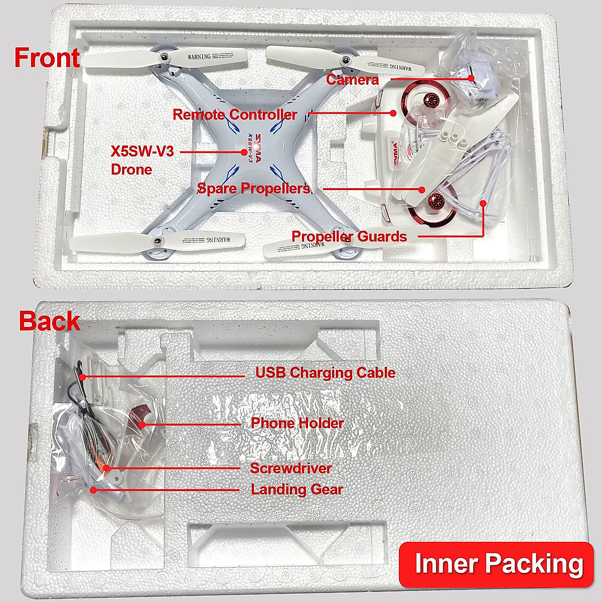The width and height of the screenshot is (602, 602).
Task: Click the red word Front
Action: tap(47, 58)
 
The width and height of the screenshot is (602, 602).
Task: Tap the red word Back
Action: tap(49, 321)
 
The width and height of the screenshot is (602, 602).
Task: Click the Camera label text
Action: tap(352, 79)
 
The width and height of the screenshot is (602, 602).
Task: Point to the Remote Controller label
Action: tap(235, 114)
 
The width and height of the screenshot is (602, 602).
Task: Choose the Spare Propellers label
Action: tap(254, 189)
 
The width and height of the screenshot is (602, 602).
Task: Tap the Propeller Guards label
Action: tap(349, 236)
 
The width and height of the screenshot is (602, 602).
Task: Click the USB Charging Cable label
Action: tap(325, 373)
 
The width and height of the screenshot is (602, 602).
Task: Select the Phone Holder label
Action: tap(297, 423)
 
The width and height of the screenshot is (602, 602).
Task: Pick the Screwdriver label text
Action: tap(291, 468)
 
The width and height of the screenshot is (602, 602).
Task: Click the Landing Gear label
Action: tap(297, 489)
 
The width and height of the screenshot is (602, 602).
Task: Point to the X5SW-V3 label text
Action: tap(142, 151)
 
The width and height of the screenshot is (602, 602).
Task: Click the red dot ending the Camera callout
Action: tap(472, 78)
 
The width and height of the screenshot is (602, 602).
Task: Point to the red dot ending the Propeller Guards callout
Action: tap(483, 203)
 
